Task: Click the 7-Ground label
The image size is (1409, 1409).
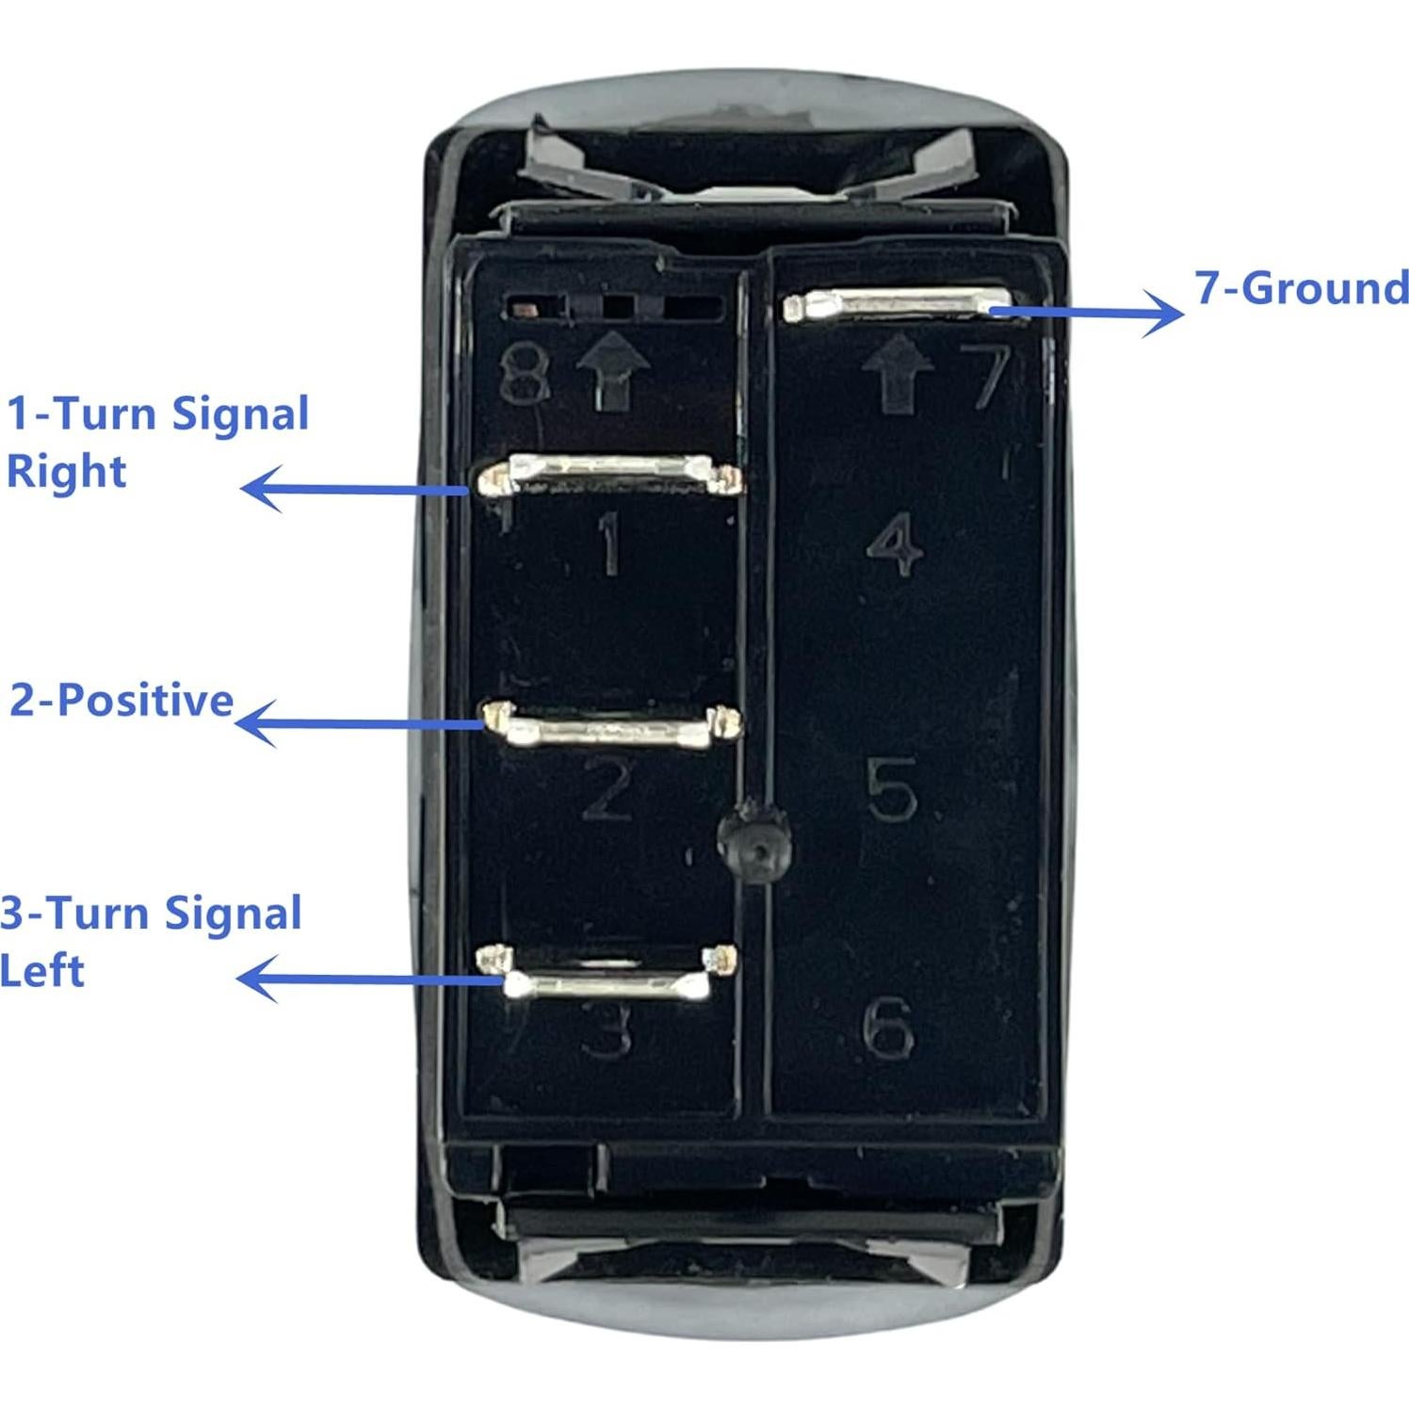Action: (1302, 288)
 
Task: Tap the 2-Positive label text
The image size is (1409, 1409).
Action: (121, 701)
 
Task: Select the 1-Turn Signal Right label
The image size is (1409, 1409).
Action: (157, 443)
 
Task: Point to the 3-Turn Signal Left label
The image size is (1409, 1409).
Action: (151, 942)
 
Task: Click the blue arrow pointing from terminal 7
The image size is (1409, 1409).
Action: (1087, 311)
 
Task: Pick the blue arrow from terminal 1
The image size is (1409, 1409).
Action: (355, 489)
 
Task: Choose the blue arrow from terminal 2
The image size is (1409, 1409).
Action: (359, 723)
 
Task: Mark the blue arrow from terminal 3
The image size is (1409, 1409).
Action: (369, 979)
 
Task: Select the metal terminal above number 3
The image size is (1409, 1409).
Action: (607, 976)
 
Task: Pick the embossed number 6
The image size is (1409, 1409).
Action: (887, 1028)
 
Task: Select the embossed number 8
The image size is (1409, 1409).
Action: (524, 375)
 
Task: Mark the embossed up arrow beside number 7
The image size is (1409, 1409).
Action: (898, 374)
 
